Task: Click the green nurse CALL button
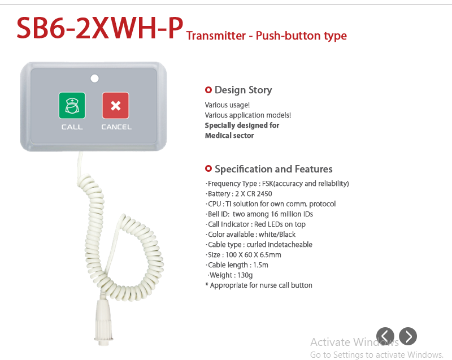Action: (x=72, y=106)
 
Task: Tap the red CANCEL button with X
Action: (x=116, y=106)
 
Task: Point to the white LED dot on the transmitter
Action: (x=94, y=79)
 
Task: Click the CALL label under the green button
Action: (x=72, y=127)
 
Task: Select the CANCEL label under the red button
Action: (x=116, y=127)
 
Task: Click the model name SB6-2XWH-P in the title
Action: (x=100, y=28)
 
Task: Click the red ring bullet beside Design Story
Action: (x=208, y=90)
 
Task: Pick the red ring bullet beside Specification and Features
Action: (x=208, y=168)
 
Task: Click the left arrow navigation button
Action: (x=385, y=336)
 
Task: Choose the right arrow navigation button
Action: (x=408, y=336)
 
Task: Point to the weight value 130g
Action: (x=245, y=275)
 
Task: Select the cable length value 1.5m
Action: (x=260, y=265)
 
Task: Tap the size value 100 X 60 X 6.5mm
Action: (x=253, y=255)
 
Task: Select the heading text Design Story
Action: (x=244, y=90)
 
